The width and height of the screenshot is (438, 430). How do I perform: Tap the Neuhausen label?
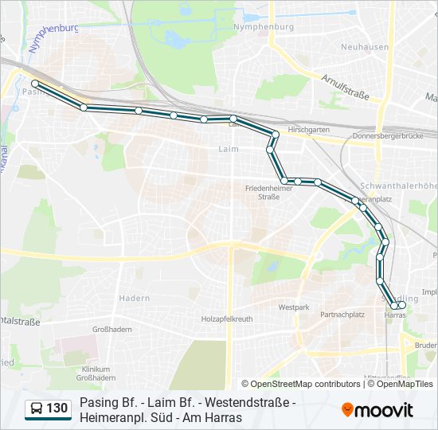click(x=366, y=47)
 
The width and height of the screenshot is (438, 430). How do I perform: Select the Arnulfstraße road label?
click(x=346, y=87)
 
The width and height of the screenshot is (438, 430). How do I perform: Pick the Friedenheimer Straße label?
click(x=263, y=192)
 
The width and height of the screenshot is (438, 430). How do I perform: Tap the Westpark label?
click(x=294, y=307)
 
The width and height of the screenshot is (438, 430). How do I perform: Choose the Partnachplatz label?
click(x=342, y=315)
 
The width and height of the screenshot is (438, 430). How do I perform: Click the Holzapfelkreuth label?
click(x=227, y=319)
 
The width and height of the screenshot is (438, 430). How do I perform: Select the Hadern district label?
click(x=134, y=298)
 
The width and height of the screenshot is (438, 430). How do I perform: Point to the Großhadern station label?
click(x=111, y=328)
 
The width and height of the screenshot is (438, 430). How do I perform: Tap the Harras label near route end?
click(x=395, y=315)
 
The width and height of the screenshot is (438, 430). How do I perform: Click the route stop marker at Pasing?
click(x=34, y=83)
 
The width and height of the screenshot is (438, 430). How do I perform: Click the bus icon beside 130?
click(x=37, y=408)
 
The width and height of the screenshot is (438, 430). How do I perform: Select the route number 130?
click(x=57, y=408)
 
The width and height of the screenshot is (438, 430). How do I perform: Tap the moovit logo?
click(x=377, y=409)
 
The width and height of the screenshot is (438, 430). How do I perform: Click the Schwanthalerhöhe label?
click(x=409, y=186)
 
